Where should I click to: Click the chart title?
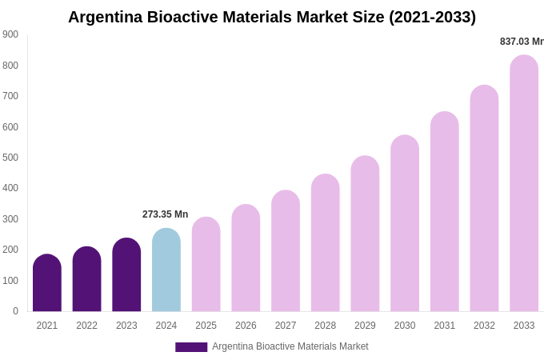point(272,17)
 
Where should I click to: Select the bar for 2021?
point(47,283)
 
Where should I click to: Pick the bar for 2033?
point(524,184)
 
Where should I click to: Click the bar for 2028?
point(326,243)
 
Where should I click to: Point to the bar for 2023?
point(126,275)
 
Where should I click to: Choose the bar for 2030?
point(405,224)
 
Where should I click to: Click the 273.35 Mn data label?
point(165,214)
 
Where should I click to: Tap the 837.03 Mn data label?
point(521,42)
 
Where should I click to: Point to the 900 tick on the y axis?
point(10,34)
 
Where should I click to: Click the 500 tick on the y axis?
point(10,158)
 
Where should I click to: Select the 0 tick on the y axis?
point(15,311)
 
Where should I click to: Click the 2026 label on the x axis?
point(246,326)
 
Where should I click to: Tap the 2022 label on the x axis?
point(86,326)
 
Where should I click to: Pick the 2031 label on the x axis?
point(445,326)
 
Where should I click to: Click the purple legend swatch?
point(191,347)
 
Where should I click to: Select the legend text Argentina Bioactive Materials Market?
point(290,346)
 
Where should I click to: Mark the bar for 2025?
point(206,265)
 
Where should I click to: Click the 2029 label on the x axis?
point(365,326)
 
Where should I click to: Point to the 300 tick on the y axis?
point(10,219)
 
